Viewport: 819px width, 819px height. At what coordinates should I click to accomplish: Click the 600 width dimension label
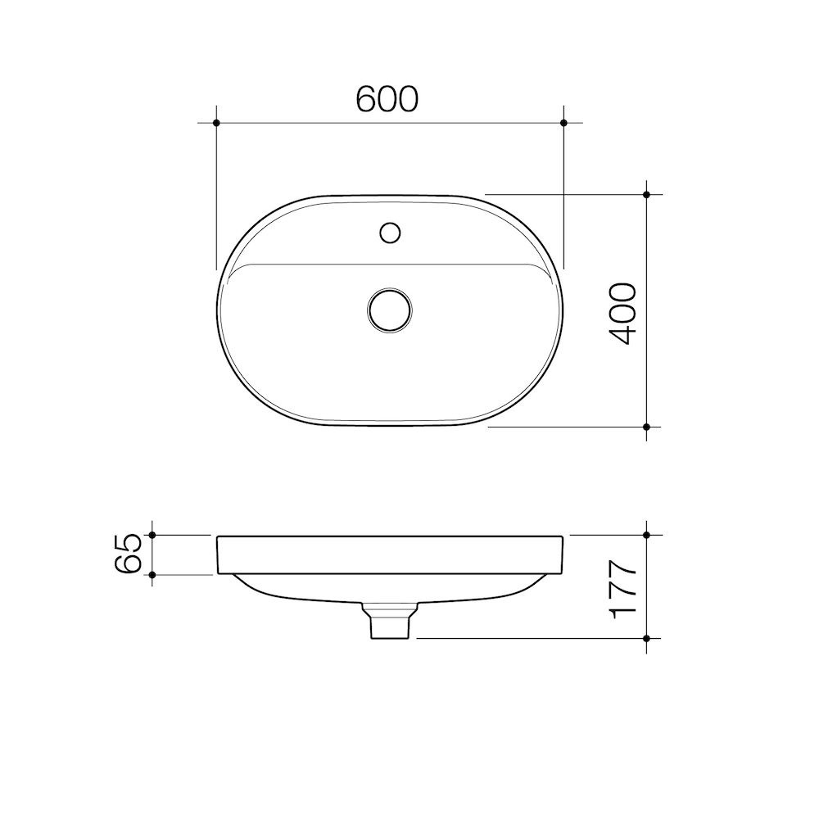click(387, 98)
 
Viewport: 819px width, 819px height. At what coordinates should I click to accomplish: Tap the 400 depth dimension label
click(623, 313)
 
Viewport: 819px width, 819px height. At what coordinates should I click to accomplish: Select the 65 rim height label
click(130, 554)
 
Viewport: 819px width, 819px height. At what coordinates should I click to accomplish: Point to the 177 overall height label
click(623, 589)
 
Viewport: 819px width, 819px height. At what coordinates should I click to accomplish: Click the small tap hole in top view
click(390, 232)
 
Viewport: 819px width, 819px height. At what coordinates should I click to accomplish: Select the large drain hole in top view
click(390, 310)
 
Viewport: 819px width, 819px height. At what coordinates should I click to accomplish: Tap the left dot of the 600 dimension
click(216, 123)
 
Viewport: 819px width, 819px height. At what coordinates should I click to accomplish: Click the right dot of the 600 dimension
click(563, 123)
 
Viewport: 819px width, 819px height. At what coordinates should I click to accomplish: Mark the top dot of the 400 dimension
click(647, 195)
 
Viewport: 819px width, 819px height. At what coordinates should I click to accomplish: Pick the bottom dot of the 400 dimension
click(647, 427)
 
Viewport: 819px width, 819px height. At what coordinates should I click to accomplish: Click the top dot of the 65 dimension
click(153, 535)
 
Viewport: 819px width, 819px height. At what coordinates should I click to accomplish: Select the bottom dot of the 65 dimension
click(153, 574)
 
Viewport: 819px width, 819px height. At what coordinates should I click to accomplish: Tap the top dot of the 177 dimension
click(647, 535)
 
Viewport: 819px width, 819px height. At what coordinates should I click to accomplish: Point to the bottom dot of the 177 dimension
click(647, 637)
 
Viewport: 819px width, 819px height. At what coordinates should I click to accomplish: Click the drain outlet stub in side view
click(389, 624)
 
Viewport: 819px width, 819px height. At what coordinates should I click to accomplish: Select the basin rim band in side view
click(390, 554)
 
